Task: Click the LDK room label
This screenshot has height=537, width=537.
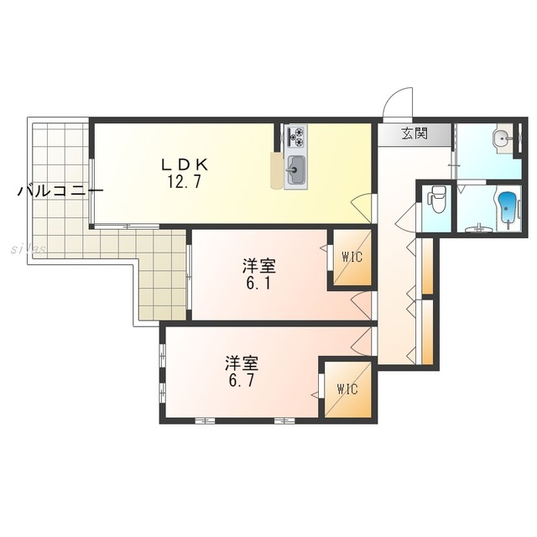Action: pos(185,165)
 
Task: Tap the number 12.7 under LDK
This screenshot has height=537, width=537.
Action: pos(184,181)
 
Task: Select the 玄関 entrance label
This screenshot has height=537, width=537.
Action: pos(414,133)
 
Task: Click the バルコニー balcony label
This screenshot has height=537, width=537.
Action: pos(60,191)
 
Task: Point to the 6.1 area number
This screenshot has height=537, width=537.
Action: pos(258,283)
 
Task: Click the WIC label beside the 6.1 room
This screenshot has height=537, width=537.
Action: pos(352,257)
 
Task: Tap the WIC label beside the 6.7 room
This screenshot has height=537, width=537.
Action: pos(347,388)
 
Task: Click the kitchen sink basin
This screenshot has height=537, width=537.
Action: pos(295,170)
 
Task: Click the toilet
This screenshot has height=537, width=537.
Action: pos(436,199)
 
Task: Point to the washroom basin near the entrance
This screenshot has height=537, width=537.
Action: pos(502,139)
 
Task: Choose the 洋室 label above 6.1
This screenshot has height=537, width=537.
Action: pos(259,266)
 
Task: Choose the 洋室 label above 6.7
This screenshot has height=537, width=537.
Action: pos(242,363)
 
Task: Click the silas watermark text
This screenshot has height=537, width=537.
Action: pos(29,249)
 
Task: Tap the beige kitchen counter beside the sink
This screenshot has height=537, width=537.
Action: pos(276,170)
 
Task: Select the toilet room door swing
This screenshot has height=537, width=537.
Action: pos(405,219)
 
